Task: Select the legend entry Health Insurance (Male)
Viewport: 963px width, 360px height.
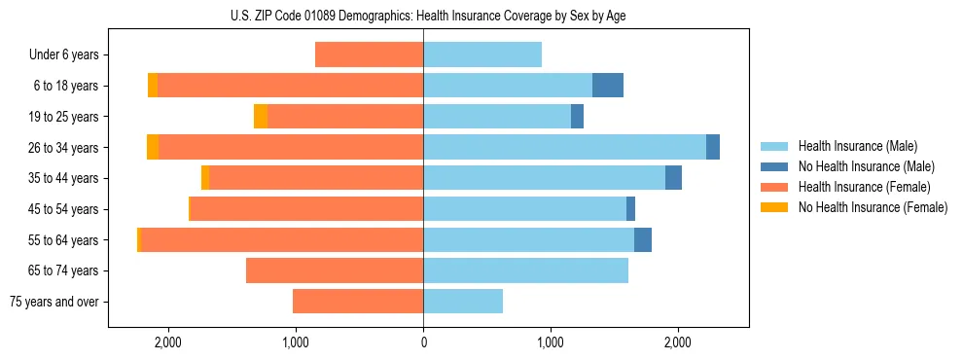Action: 857,146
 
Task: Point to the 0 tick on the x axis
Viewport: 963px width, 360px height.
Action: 423,342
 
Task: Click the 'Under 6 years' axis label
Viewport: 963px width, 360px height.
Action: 64,54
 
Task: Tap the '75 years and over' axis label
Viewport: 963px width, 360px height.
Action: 54,302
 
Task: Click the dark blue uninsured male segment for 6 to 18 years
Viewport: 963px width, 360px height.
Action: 608,86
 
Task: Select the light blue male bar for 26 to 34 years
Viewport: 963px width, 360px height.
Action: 564,147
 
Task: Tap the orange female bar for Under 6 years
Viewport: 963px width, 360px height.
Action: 370,54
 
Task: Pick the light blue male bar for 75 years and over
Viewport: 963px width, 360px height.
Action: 463,302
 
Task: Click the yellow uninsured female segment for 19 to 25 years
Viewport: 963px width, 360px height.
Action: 261,117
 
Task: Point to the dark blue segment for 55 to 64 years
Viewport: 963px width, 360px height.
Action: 643,240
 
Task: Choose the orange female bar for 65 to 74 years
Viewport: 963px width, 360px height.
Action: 335,270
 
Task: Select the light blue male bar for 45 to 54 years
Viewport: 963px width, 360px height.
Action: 524,209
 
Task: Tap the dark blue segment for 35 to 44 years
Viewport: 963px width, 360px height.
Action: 673,178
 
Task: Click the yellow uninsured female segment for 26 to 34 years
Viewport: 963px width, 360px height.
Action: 153,147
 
